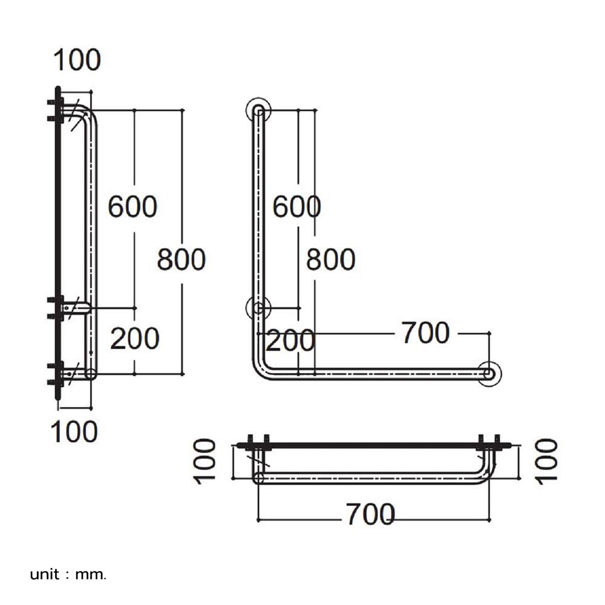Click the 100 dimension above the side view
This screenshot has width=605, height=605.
77,60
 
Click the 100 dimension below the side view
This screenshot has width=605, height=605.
74,431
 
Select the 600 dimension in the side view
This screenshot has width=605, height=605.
132,206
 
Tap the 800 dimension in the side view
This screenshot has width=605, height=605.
181,260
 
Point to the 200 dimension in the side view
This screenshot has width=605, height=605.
134,339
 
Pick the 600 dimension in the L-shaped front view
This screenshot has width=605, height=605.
296,207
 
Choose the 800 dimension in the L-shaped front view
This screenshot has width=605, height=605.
330,260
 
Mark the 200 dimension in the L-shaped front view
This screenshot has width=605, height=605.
290,341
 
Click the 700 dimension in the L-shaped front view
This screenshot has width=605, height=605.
426,333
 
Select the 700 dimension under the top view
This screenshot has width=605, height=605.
370,514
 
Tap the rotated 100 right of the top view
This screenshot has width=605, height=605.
547,461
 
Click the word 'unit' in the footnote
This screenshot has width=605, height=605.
45,574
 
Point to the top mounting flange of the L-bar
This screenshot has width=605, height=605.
258,110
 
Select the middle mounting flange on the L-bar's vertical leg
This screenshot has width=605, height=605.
258,308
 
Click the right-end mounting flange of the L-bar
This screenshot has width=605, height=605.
489,373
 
